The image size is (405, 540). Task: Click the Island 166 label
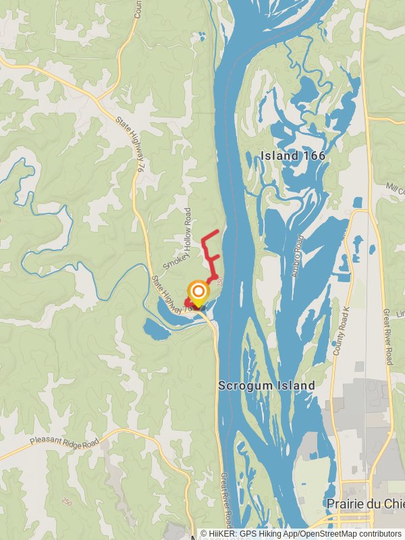click(x=293, y=156)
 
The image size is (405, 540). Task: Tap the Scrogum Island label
click(x=267, y=385)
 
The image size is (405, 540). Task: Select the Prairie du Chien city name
click(x=365, y=504)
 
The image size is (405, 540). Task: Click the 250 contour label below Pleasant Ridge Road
click(x=66, y=502)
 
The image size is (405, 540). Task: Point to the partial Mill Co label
click(x=394, y=186)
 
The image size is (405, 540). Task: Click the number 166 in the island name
click(x=314, y=156)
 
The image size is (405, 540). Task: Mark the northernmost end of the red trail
click(x=217, y=232)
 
